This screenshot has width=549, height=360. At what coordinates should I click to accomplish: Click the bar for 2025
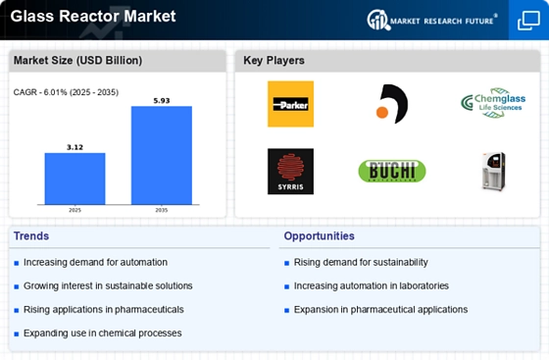(x=75, y=179)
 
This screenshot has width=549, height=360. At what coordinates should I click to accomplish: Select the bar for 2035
(x=162, y=155)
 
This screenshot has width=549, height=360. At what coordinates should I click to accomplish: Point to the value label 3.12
(x=75, y=147)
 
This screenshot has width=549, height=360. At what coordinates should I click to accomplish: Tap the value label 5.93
(x=162, y=100)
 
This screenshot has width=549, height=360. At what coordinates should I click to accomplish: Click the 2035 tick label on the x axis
(x=162, y=210)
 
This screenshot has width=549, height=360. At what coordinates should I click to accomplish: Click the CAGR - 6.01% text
(x=40, y=92)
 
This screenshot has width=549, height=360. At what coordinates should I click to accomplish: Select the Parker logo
(x=290, y=104)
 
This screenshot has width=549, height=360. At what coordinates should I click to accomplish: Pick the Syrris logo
(x=290, y=172)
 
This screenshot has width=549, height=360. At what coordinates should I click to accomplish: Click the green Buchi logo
(x=392, y=171)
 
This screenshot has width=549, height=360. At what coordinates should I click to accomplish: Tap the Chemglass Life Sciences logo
(x=493, y=103)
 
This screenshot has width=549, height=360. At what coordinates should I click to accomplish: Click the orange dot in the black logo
(x=382, y=113)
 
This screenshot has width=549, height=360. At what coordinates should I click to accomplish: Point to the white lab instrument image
(x=494, y=172)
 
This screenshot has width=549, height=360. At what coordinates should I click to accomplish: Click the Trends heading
(x=31, y=236)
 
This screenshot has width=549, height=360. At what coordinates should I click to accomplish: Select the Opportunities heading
(x=319, y=236)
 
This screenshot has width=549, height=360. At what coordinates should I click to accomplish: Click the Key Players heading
(x=274, y=60)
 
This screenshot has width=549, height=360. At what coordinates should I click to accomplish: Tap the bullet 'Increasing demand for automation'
(x=95, y=262)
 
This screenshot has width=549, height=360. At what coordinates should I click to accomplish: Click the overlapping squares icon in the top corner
(x=528, y=21)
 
